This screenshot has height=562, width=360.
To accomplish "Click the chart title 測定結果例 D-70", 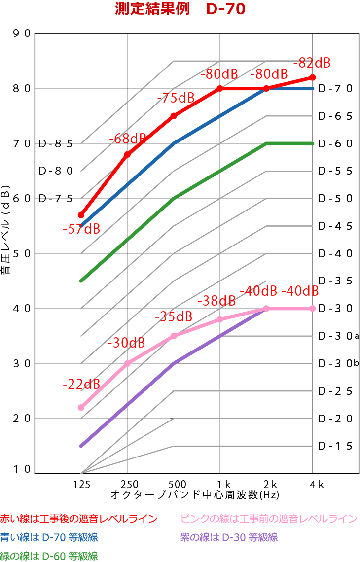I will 180,9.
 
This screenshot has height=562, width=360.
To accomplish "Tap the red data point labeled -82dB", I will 313,77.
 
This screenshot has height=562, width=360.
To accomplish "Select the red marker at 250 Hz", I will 127,154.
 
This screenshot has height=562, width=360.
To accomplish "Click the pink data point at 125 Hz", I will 81,407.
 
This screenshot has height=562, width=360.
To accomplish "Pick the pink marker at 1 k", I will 220,319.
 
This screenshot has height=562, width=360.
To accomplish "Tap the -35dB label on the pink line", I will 174,317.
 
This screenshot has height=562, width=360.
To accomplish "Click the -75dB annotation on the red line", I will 176,98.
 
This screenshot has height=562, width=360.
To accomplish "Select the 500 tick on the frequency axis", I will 174,484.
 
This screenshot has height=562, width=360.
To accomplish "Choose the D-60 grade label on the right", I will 335,144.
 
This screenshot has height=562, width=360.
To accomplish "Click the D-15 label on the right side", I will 335,446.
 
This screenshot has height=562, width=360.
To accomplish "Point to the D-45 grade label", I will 335,226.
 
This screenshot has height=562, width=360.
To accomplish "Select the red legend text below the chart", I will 79,519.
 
